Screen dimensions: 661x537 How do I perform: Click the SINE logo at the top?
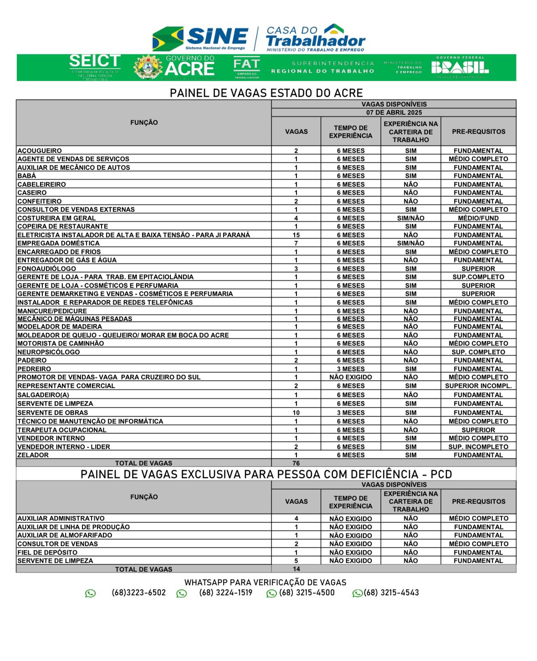(x=200, y=38)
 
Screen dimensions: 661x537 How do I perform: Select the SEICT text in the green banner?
(x=95, y=61)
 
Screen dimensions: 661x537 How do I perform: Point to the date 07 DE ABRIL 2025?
(x=394, y=113)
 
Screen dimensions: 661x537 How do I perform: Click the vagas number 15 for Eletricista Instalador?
(x=296, y=235)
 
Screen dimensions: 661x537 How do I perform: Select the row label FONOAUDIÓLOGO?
(x=47, y=269)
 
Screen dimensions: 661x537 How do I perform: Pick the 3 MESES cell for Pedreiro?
(x=351, y=369)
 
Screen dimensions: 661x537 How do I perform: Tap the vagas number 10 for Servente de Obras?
(x=296, y=413)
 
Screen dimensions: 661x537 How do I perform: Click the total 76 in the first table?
(x=296, y=463)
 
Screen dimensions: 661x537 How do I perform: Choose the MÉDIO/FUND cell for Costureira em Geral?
(x=478, y=218)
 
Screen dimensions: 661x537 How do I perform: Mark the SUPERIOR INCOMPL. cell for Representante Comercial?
(x=478, y=386)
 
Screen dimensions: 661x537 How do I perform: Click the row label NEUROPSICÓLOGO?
(x=49, y=352)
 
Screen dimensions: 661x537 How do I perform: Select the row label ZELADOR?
(x=33, y=455)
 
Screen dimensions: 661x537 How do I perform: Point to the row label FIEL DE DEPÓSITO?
(x=47, y=553)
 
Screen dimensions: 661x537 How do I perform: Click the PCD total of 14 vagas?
(x=296, y=569)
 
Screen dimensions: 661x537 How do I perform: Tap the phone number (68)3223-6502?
(x=138, y=593)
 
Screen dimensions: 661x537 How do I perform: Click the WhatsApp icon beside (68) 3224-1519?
(x=182, y=594)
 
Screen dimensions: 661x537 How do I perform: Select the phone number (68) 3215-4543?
(x=391, y=593)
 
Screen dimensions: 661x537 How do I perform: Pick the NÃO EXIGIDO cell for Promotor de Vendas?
(x=351, y=377)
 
